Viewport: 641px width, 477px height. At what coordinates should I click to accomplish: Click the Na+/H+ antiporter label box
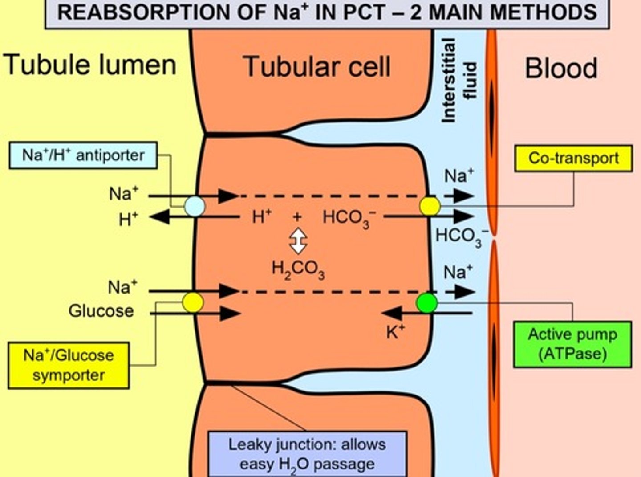[x=83, y=155]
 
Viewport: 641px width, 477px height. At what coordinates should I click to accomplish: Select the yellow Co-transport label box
[x=573, y=158]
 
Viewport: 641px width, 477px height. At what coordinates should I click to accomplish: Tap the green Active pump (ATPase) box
[x=572, y=344]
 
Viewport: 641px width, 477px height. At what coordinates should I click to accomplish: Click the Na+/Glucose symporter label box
[x=69, y=365]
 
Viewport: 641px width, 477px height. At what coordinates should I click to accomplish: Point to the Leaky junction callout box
[x=307, y=454]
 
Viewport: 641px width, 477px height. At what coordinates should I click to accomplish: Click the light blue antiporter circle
[x=195, y=207]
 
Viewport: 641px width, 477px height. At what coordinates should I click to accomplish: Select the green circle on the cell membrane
[x=427, y=303]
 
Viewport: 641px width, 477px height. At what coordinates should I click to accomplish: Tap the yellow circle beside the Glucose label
[x=193, y=302]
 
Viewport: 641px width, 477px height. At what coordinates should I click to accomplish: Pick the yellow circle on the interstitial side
[x=430, y=206]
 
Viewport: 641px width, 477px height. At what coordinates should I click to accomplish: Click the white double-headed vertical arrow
[x=298, y=241]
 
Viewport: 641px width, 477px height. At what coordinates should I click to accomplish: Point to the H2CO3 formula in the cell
[x=298, y=269]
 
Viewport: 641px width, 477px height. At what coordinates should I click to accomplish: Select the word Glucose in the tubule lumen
[x=101, y=311]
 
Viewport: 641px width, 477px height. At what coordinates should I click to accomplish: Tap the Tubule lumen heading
[x=90, y=65]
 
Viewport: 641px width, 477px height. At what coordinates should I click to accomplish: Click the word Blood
[x=561, y=69]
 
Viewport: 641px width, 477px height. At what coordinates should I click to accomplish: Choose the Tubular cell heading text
[x=316, y=67]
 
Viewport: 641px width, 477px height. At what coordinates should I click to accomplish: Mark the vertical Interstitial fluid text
[x=458, y=80]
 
